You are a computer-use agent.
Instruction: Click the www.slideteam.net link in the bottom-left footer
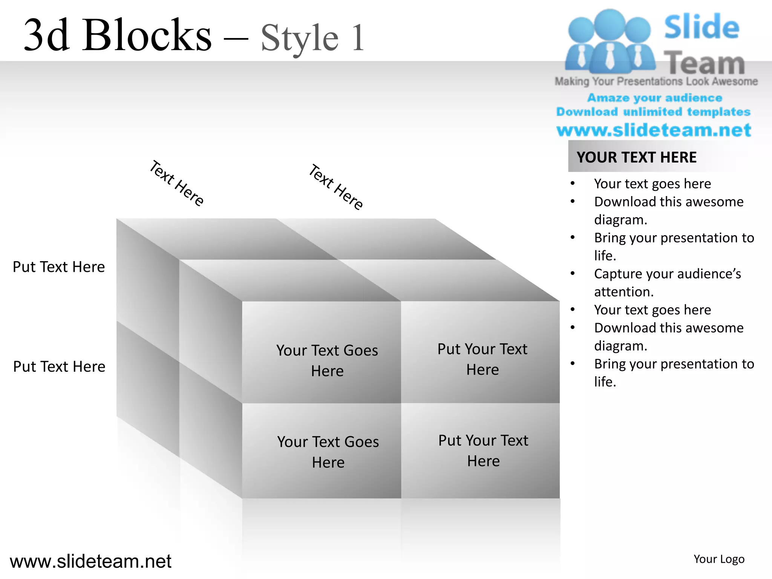[x=90, y=561]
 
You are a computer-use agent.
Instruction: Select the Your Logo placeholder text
[x=719, y=559]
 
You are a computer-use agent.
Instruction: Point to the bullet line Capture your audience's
[x=667, y=274]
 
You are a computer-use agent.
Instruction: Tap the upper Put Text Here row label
[x=59, y=267]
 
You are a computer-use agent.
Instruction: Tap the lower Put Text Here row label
[x=59, y=366]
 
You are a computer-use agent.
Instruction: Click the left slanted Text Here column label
[x=176, y=183]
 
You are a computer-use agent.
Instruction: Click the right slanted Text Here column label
[x=335, y=187]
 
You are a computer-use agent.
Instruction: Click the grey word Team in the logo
[x=704, y=63]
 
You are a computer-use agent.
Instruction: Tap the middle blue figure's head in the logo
[x=610, y=23]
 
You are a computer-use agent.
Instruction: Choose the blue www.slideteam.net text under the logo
[x=654, y=130]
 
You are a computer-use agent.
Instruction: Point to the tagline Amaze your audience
[x=654, y=98]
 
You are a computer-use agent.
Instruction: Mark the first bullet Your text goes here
[x=652, y=184]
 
